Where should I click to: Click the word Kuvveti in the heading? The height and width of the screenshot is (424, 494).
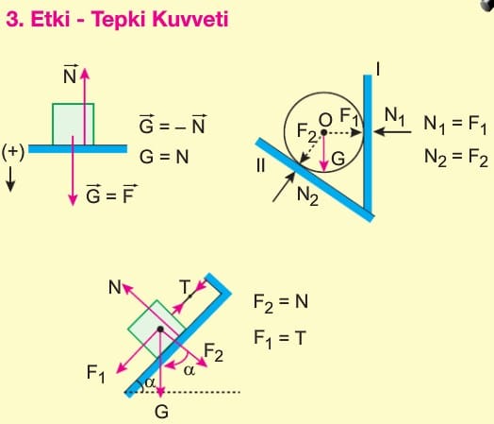(190, 19)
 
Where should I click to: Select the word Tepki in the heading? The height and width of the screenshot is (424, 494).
(120, 20)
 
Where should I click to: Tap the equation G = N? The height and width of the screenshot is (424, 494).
(164, 157)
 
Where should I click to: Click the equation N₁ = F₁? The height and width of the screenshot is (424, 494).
(455, 124)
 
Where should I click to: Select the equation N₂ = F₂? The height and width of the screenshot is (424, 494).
(456, 157)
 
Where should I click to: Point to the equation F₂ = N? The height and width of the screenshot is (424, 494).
(281, 302)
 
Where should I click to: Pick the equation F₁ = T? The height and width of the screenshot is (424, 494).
(280, 338)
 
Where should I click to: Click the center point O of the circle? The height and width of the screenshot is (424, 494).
(323, 132)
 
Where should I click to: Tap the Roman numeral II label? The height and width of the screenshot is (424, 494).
(260, 165)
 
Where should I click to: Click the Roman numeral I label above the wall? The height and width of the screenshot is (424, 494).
(378, 69)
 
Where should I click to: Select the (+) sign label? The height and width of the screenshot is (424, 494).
(13, 152)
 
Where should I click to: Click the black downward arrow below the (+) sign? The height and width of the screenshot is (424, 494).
(10, 179)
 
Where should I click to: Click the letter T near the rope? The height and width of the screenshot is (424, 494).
(185, 287)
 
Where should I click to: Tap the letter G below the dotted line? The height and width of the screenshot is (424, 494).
(161, 412)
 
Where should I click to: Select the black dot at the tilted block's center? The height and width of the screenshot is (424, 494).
(160, 329)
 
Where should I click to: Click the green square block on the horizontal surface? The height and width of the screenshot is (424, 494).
(74, 124)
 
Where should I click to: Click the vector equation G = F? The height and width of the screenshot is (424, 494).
(111, 194)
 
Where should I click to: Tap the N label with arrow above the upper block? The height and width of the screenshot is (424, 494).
(70, 75)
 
